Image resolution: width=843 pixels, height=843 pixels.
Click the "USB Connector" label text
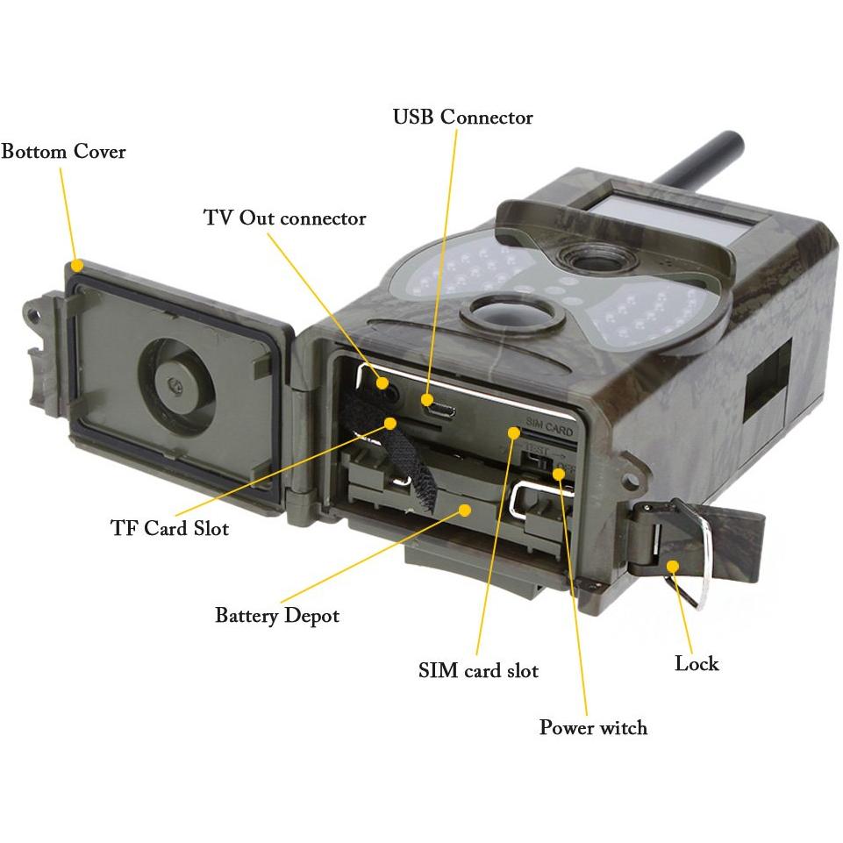(x=463, y=118)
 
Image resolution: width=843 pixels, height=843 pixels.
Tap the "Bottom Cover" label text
(x=63, y=152)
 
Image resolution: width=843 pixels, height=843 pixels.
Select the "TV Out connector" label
(x=285, y=218)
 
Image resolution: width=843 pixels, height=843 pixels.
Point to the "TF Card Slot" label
(x=170, y=528)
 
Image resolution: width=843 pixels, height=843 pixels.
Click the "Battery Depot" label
(x=277, y=616)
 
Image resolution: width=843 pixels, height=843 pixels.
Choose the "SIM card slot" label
(x=478, y=670)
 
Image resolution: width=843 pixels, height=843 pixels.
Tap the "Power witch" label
(x=594, y=727)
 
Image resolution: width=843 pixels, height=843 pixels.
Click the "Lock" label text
(x=697, y=663)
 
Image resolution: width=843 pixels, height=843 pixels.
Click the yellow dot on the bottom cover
(x=77, y=265)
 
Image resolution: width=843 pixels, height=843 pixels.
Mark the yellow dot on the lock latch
(x=673, y=566)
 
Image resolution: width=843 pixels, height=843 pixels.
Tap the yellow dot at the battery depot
(x=466, y=509)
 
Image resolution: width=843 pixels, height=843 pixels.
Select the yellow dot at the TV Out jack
(x=382, y=382)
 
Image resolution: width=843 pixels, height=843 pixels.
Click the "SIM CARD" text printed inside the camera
(x=549, y=427)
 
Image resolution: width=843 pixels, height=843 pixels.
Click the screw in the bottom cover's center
(x=175, y=384)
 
